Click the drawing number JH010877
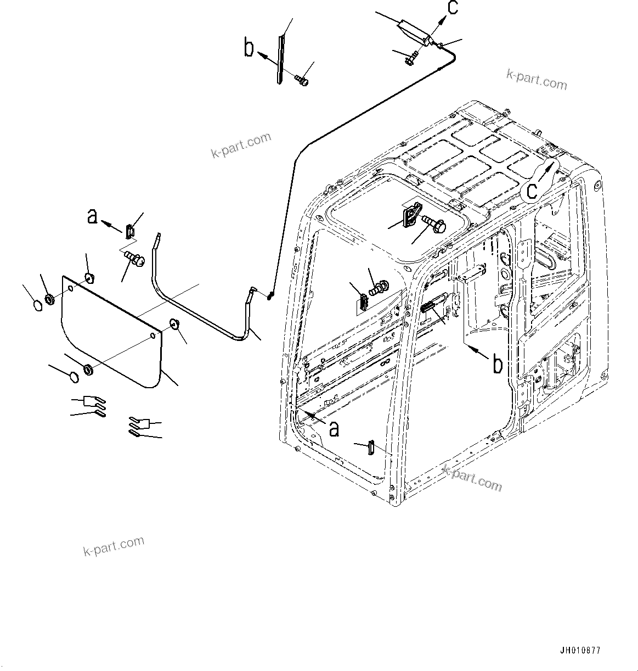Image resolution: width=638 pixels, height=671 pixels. click(580, 651)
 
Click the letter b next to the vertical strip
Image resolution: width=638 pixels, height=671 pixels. click(249, 48)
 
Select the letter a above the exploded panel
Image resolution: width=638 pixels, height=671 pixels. click(93, 216)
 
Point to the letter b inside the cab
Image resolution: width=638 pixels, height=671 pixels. click(497, 364)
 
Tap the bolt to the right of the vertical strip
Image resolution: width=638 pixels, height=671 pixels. click(301, 81)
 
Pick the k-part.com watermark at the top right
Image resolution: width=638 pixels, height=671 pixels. click(537, 80)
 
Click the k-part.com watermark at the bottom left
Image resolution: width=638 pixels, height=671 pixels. click(114, 546)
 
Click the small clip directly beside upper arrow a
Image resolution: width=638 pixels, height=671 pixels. click(129, 231)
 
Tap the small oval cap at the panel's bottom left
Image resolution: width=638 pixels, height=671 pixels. click(72, 377)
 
